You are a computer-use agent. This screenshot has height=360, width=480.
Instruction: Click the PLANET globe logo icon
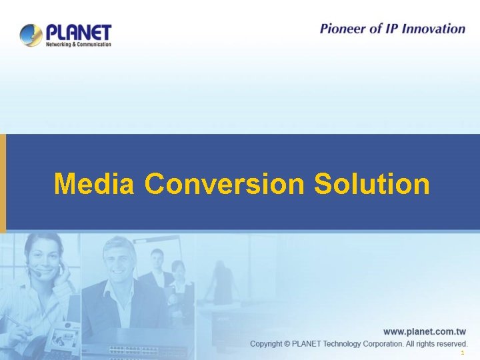[31, 35]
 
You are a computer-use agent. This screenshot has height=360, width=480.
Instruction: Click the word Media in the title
[95, 183]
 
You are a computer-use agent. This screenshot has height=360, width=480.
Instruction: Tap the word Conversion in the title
[223, 183]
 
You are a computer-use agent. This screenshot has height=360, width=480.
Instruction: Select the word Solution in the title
[371, 183]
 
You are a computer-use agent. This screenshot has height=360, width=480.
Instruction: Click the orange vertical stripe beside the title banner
[3, 183]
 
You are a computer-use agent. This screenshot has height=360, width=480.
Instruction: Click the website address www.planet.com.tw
[424, 331]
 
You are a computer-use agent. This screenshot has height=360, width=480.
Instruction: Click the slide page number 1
[461, 353]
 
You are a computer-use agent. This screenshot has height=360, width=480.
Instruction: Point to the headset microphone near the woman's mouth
[37, 273]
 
